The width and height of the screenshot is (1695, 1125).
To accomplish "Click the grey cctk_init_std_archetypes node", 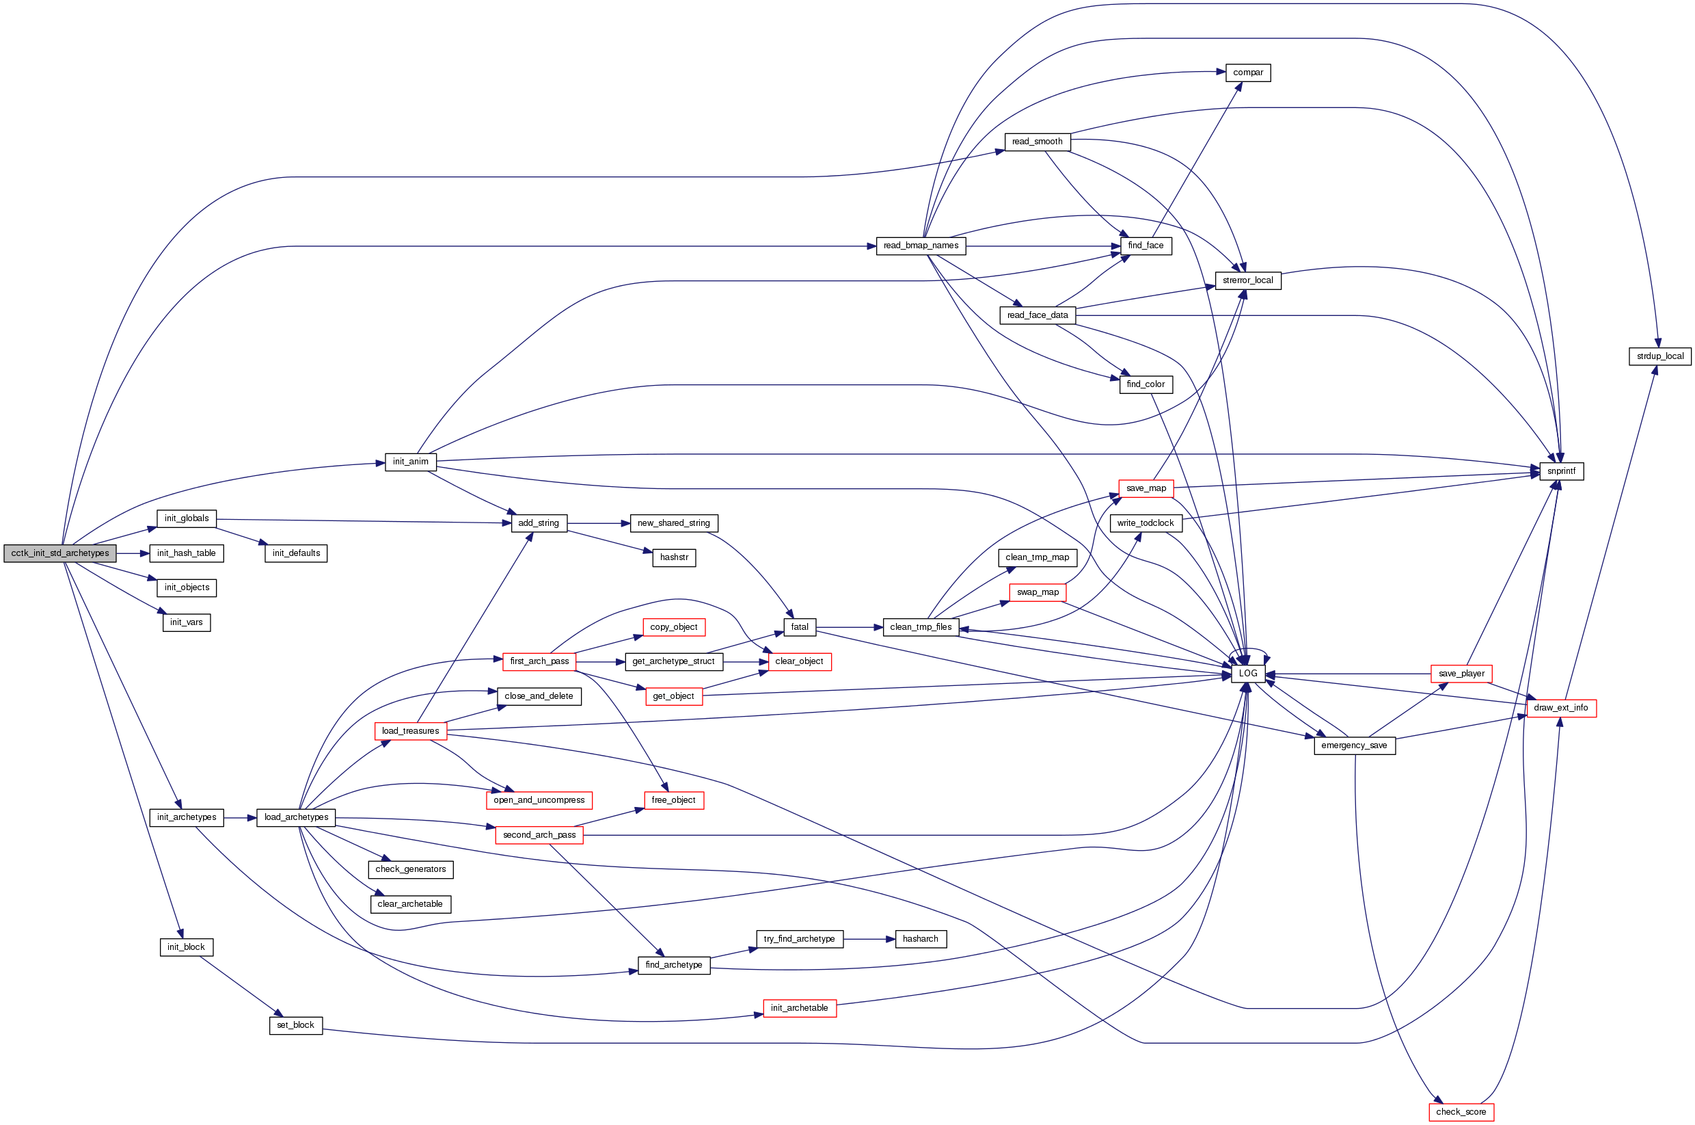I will tap(59, 553).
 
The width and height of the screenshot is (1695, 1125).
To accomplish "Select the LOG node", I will tap(1247, 673).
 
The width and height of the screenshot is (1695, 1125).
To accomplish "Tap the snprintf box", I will tap(1561, 471).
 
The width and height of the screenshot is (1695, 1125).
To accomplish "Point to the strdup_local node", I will tap(1660, 356).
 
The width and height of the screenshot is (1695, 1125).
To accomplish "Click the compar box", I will tap(1247, 72).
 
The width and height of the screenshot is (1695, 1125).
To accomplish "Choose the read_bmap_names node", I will tap(921, 246).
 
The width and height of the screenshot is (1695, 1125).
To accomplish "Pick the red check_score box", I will tap(1461, 1111).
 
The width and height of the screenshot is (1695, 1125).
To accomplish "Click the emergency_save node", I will tap(1354, 745).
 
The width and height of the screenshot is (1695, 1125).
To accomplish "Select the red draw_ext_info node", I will tap(1561, 707).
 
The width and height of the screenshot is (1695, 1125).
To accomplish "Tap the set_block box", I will tap(295, 1024).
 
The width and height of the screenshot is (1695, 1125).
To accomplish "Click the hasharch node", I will tap(920, 938).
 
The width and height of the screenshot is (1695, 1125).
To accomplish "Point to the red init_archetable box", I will tap(799, 1008).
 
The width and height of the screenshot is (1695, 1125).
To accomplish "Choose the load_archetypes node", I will tap(296, 817).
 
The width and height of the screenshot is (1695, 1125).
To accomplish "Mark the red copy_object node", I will tap(673, 627).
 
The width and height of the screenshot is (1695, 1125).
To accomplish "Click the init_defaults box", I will tap(296, 553).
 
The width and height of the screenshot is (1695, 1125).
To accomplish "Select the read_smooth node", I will tap(1037, 142).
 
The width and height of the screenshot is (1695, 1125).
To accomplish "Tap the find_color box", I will tap(1145, 384).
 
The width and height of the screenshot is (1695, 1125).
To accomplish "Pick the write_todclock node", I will tap(1145, 523).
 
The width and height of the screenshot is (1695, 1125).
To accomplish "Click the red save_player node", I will tap(1461, 674).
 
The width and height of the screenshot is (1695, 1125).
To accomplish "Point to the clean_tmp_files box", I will tap(921, 627).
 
